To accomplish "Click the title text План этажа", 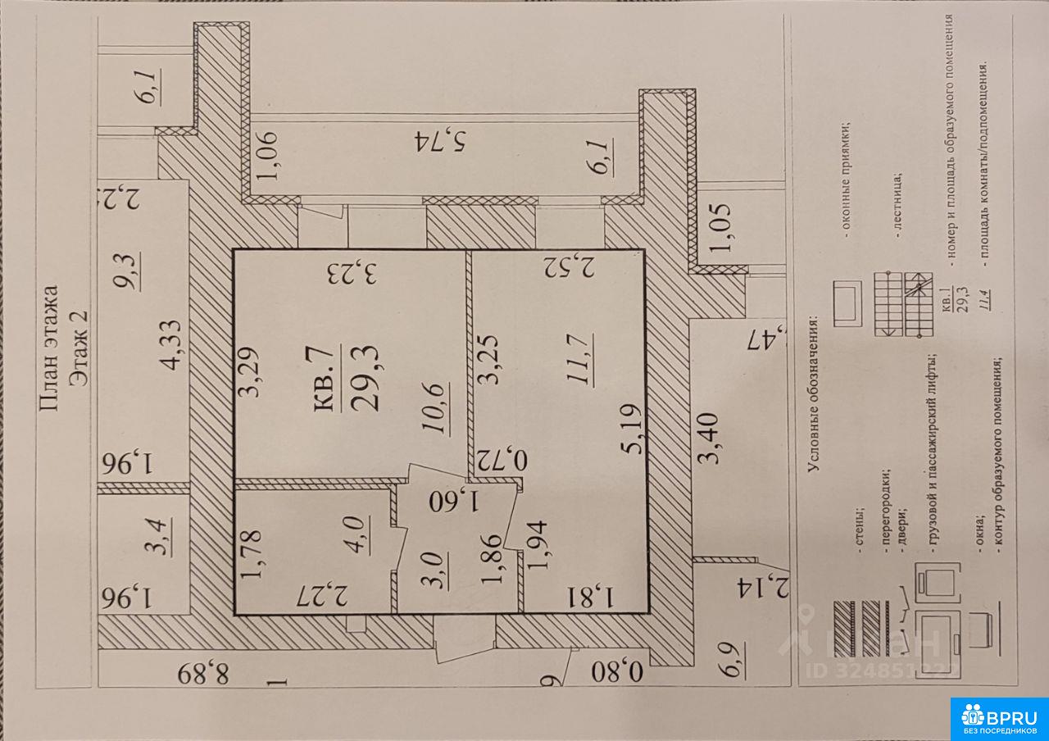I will click(x=49, y=348).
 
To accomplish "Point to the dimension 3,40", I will click(x=709, y=439).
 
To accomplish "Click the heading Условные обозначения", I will click(x=813, y=394).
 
